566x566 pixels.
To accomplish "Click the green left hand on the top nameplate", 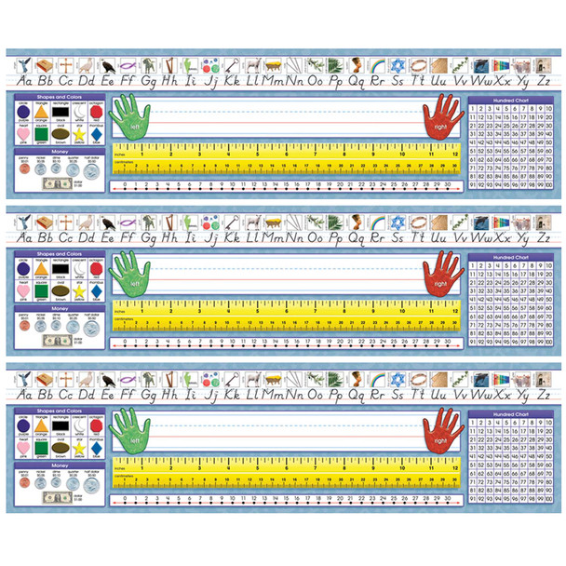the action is click(129, 120).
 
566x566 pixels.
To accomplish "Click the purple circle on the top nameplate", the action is click(22, 117).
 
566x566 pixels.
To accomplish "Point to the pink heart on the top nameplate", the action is click(22, 138).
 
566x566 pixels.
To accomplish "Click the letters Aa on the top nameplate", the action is click(20, 81).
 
